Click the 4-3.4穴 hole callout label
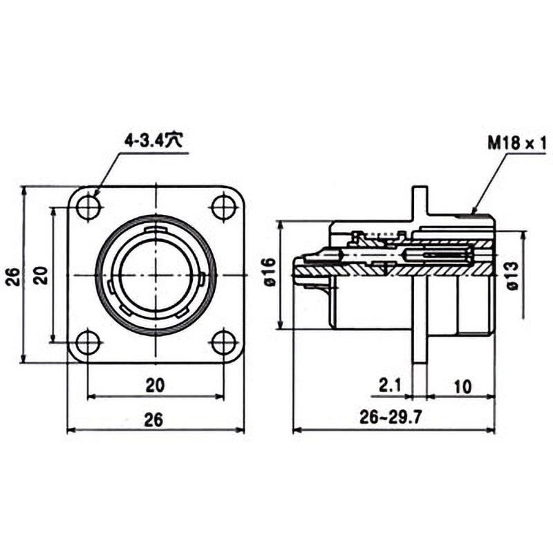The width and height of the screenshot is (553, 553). click(x=153, y=141)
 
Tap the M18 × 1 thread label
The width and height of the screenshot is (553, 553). click(x=516, y=144)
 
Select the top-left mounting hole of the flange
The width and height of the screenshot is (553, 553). click(x=89, y=207)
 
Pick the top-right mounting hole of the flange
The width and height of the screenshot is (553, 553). click(x=223, y=207)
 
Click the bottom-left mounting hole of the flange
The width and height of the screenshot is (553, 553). click(x=88, y=341)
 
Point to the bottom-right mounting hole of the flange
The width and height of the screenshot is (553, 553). click(x=223, y=341)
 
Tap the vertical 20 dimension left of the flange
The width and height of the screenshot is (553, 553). click(x=42, y=275)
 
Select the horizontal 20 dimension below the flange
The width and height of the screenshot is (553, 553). click(x=155, y=385)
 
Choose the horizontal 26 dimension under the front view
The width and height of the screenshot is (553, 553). click(x=154, y=420)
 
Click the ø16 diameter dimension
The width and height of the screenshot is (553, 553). click(x=270, y=272)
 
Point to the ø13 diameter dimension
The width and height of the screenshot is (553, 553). click(x=513, y=276)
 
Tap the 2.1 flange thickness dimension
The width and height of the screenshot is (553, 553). click(x=390, y=386)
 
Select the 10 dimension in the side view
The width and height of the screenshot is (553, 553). click(x=463, y=386)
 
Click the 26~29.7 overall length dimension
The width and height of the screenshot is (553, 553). click(x=391, y=418)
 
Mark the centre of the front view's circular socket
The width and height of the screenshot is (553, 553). click(x=156, y=275)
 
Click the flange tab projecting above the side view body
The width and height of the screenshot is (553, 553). click(x=420, y=203)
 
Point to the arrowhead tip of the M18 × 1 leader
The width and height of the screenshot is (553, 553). click(x=472, y=214)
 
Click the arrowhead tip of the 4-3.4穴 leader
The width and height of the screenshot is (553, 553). click(x=95, y=196)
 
